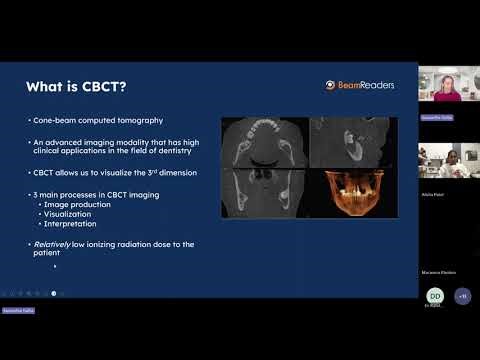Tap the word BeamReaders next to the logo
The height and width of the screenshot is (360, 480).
pyautogui.click(x=366, y=85)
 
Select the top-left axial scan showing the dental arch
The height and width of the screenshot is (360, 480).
pyautogui.click(x=264, y=142)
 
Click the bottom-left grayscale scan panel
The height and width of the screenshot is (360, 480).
pyautogui.click(x=264, y=194)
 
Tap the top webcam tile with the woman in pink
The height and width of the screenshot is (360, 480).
pyautogui.click(x=446, y=86)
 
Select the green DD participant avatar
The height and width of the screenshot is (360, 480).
pyautogui.click(x=435, y=296)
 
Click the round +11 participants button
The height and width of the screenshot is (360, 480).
pyautogui.click(x=462, y=296)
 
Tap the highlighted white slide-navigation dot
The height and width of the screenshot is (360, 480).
pyautogui.click(x=53, y=293)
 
